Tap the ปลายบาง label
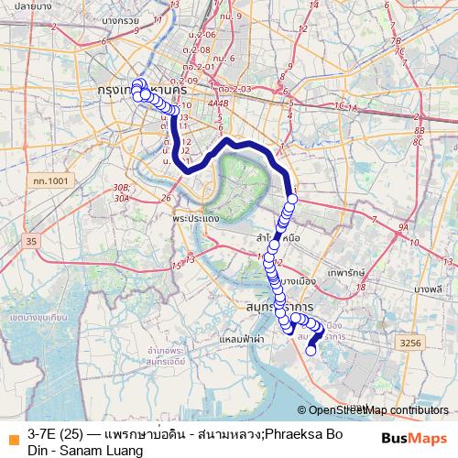coord(31,5)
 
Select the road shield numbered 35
coord(32,241)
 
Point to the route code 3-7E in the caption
coord(44,433)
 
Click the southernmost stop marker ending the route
coord(311,349)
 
